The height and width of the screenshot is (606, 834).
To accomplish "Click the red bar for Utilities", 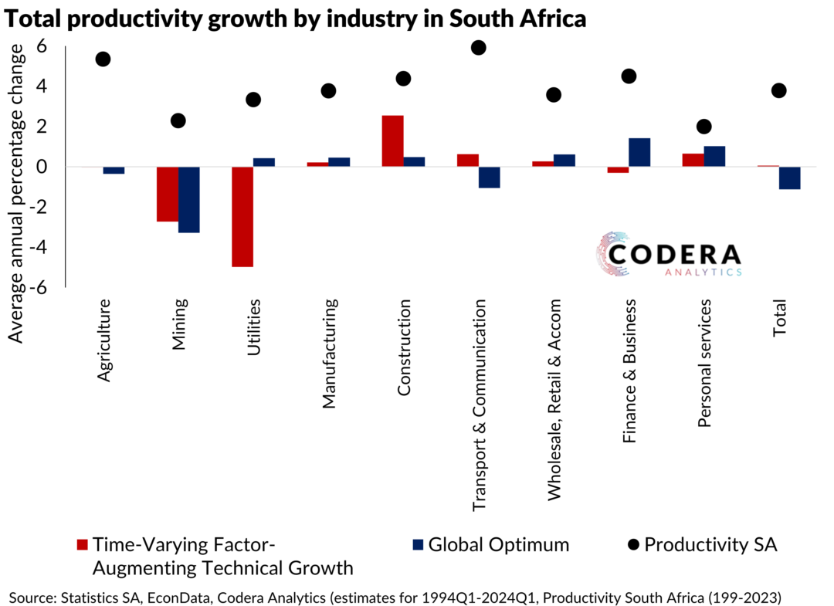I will (242, 216).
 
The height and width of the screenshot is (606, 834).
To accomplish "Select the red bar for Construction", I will (392, 141).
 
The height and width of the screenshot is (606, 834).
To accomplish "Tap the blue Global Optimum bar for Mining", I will (189, 199).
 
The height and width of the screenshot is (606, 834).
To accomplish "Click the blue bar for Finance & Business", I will (639, 152).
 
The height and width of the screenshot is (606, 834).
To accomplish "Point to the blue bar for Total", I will (790, 178).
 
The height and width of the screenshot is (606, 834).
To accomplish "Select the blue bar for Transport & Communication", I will (489, 177).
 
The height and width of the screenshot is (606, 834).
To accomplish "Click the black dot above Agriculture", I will (103, 59).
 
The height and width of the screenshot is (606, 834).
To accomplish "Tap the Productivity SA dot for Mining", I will (178, 120).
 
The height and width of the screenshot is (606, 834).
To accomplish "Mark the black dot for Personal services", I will (703, 127).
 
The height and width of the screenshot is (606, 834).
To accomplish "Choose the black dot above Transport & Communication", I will (478, 48).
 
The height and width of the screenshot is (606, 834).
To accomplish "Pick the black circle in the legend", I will (634, 544).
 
